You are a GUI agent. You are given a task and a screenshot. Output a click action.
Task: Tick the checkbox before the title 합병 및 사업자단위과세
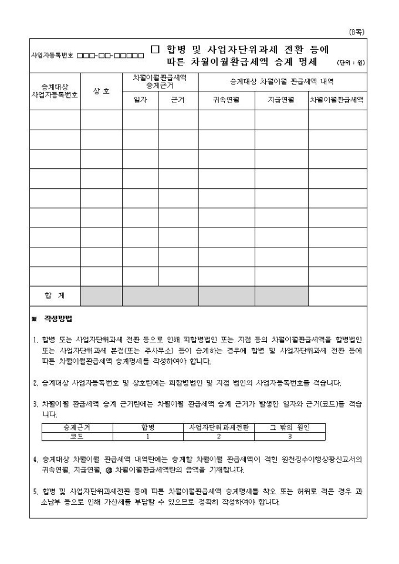(x=155, y=50)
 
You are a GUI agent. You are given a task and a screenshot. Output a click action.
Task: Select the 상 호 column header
(x=102, y=90)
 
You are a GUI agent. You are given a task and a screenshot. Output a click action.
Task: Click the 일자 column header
(x=140, y=100)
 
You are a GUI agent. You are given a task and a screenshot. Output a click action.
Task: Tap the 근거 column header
(x=178, y=100)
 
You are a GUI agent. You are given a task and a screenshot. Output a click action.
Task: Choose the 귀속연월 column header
(x=226, y=100)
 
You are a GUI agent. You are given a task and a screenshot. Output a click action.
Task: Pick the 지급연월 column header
(x=281, y=100)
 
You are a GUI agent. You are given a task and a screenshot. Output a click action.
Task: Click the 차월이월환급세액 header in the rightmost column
(x=337, y=100)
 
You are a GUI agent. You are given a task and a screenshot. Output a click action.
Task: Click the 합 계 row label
(x=55, y=296)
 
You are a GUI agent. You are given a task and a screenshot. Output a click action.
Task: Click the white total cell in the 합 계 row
(x=337, y=296)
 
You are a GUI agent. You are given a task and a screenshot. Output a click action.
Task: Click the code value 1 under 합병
(x=147, y=436)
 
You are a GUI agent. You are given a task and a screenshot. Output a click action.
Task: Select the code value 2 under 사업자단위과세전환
(x=218, y=436)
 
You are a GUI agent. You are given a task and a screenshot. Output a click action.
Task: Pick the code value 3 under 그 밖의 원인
(x=289, y=436)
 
